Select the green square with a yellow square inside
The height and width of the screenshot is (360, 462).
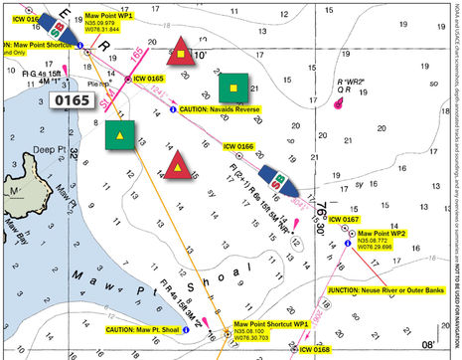233,89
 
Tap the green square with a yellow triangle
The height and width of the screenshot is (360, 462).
120,135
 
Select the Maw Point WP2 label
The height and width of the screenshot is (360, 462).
382,237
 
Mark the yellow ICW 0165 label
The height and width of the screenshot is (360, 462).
148,78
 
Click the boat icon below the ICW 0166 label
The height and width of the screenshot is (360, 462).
275,183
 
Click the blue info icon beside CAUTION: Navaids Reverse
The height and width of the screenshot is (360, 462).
174,108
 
